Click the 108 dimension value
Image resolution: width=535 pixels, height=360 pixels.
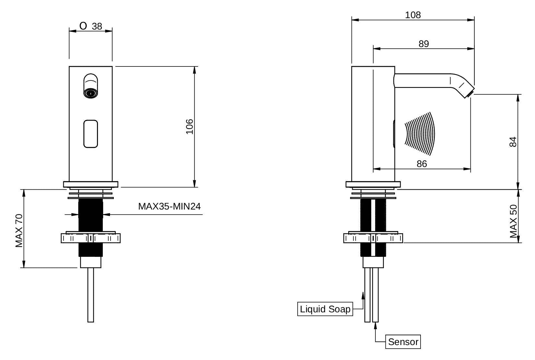[413, 15]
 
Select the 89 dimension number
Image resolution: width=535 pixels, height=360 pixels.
[423, 44]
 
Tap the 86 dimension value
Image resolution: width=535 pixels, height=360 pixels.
[422, 164]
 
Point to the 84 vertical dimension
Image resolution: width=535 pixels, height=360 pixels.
[513, 142]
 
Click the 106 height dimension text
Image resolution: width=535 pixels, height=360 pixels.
[189, 126]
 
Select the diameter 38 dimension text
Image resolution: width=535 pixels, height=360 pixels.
[92, 26]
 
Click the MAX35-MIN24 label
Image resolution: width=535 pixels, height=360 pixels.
[169, 206]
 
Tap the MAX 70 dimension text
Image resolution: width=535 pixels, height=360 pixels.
[19, 231]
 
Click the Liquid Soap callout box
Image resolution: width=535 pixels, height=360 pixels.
[325, 309]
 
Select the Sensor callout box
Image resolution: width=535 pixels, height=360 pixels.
[403, 342]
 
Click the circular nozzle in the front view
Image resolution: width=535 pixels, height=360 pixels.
[90, 93]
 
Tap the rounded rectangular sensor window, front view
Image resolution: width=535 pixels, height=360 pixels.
[91, 134]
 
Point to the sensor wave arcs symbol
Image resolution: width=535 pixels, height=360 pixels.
[420, 133]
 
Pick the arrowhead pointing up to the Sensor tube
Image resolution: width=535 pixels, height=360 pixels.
[375, 326]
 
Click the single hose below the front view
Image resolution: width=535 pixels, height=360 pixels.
[91, 295]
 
